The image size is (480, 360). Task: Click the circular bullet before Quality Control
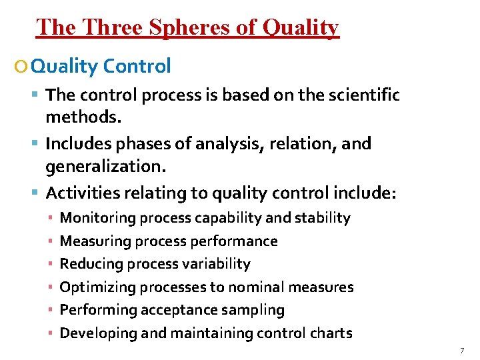(x=23, y=67)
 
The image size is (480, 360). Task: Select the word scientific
(x=364, y=95)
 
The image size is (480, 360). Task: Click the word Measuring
(x=94, y=241)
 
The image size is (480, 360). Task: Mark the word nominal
(x=255, y=287)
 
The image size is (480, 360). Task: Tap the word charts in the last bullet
(x=331, y=333)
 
